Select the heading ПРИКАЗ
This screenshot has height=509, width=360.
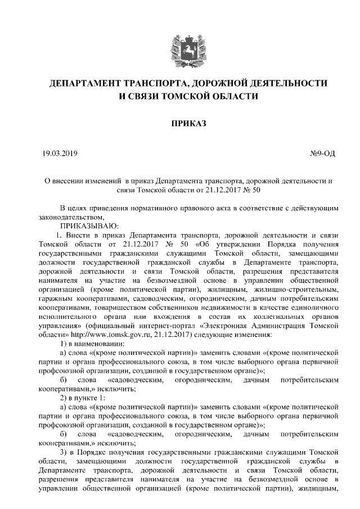pyautogui.click(x=180, y=122)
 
